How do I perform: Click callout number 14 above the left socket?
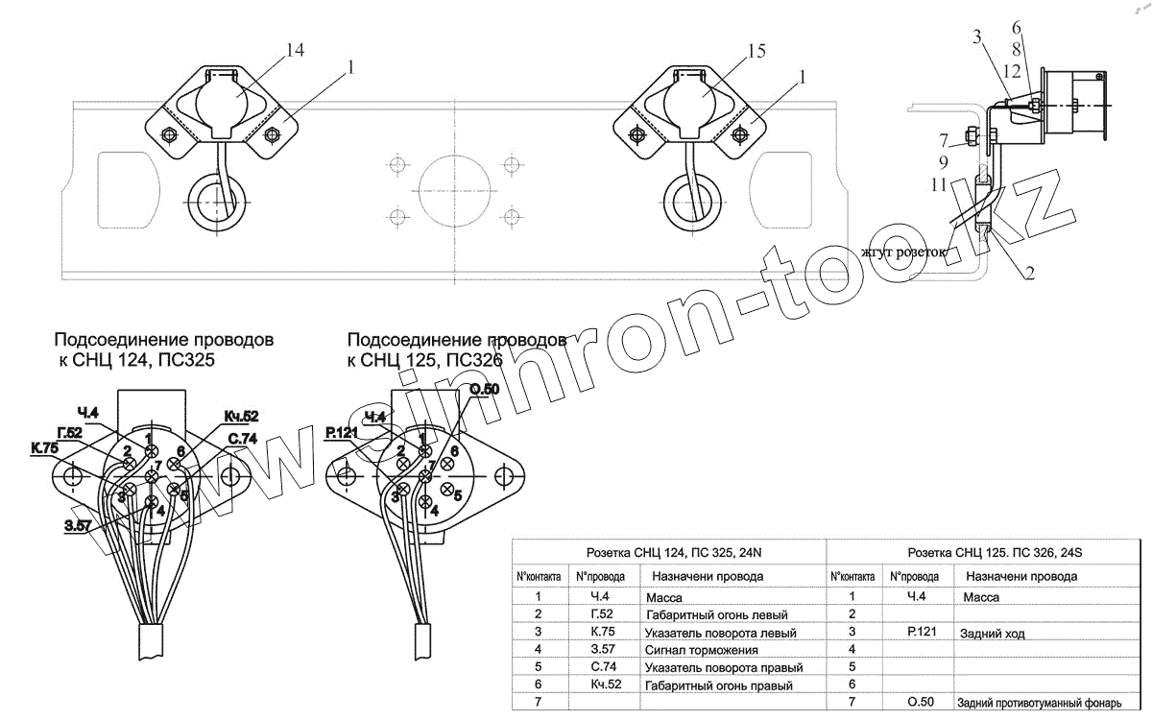coord(295,51)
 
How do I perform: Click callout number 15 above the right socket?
coord(756,51)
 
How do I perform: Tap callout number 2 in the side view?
coord(1028,274)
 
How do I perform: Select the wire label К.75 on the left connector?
coord(44,448)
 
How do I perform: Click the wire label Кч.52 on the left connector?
coord(241,416)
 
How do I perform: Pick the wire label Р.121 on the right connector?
coord(341,434)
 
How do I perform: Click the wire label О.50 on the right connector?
coord(484,388)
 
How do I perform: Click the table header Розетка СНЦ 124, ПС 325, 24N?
coord(668,553)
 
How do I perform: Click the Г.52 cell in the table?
coord(602,614)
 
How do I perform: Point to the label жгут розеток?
coord(902,252)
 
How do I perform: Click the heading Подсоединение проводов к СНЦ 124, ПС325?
coord(163,350)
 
